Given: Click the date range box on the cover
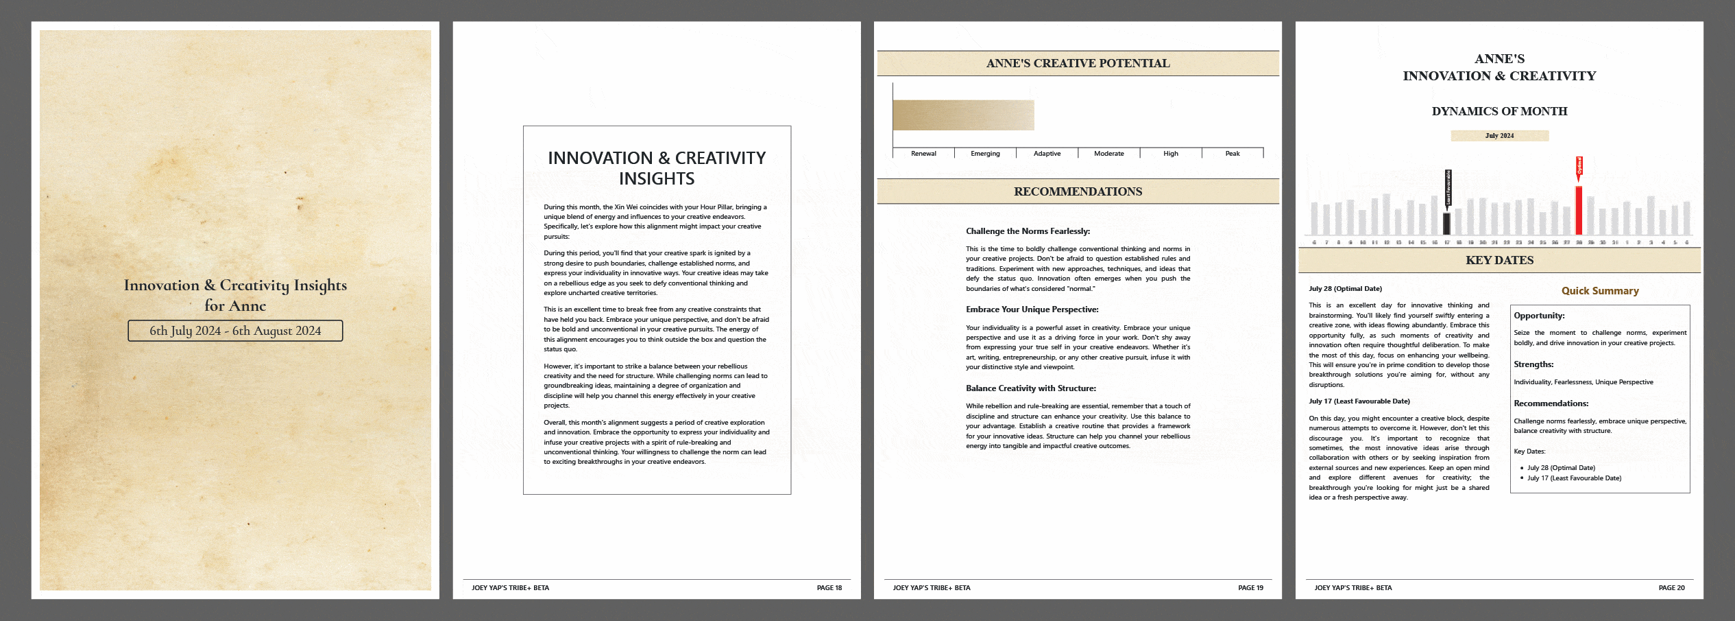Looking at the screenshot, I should pyautogui.click(x=235, y=331).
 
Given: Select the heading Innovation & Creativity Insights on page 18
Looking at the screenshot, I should pyautogui.click(x=657, y=168).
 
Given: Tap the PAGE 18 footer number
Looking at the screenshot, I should pyautogui.click(x=829, y=588).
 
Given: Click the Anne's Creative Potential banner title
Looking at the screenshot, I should pyautogui.click(x=1078, y=63).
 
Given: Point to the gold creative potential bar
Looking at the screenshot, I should pyautogui.click(x=963, y=115).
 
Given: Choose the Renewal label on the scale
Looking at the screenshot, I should pyautogui.click(x=923, y=154).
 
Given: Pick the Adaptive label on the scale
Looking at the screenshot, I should pyautogui.click(x=1047, y=154).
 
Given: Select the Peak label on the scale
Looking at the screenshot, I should pyautogui.click(x=1232, y=154).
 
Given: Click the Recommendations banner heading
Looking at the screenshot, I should pyautogui.click(x=1078, y=191).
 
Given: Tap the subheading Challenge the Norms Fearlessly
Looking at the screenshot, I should pyautogui.click(x=1028, y=231).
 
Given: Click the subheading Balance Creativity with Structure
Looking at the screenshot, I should pyautogui.click(x=1030, y=388).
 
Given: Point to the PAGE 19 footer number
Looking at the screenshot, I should pyautogui.click(x=1250, y=588).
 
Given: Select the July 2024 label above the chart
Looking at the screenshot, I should pyautogui.click(x=1499, y=136).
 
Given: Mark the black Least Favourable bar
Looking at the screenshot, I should pyautogui.click(x=1446, y=224).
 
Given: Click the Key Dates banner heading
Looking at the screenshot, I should pyautogui.click(x=1499, y=260).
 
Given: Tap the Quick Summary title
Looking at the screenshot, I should pyautogui.click(x=1600, y=291).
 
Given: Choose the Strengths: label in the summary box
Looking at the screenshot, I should pyautogui.click(x=1533, y=364).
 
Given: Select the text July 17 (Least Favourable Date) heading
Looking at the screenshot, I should pyautogui.click(x=1359, y=401).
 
